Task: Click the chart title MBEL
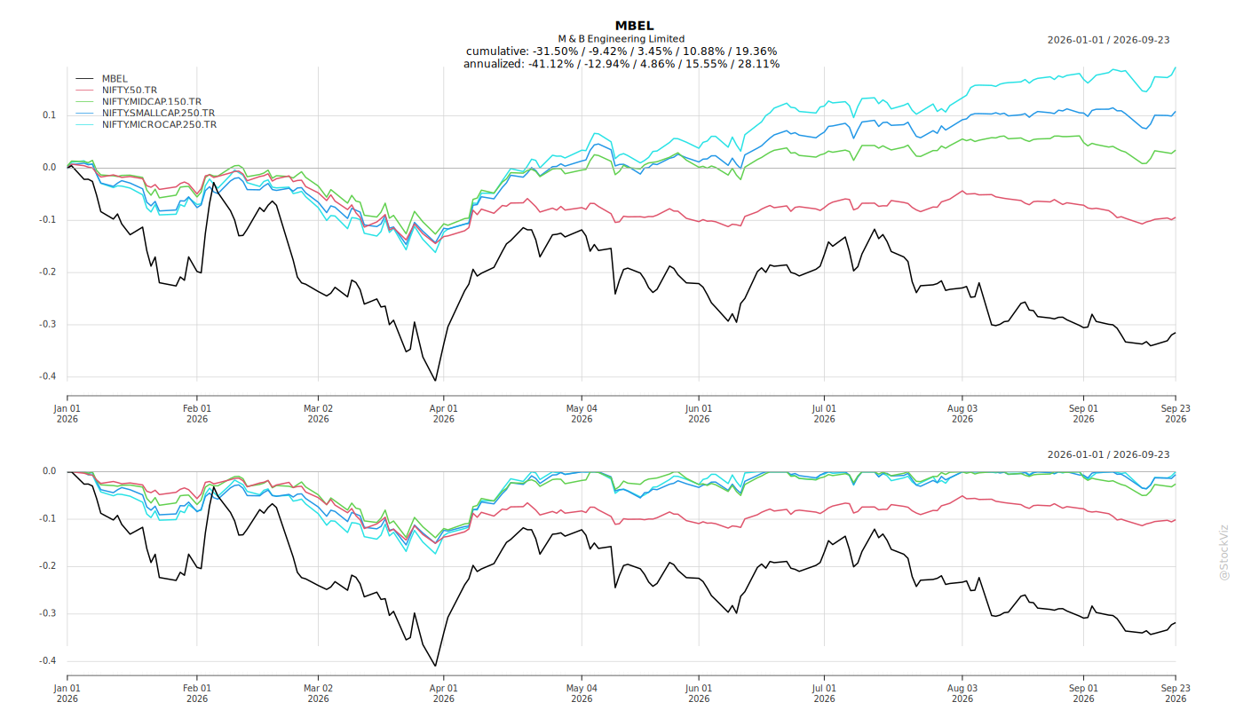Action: click(x=634, y=26)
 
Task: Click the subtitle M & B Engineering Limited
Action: click(x=621, y=39)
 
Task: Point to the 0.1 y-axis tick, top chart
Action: click(x=50, y=115)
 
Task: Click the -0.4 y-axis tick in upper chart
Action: click(x=47, y=376)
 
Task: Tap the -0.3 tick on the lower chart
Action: click(x=47, y=613)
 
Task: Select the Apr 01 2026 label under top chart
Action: click(x=443, y=414)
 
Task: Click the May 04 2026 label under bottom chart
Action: click(x=582, y=693)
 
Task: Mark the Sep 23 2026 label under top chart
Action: click(x=1176, y=414)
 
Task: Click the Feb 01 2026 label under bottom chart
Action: click(x=197, y=693)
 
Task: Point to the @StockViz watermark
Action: click(x=1223, y=552)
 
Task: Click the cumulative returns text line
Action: click(x=621, y=51)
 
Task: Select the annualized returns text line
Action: click(x=621, y=64)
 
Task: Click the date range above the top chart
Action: click(x=1108, y=40)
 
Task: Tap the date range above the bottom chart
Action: click(x=1108, y=454)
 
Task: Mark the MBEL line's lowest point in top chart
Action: click(x=435, y=381)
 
